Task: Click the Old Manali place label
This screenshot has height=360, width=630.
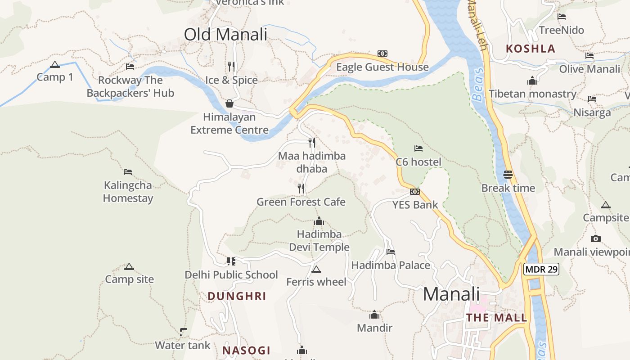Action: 225,35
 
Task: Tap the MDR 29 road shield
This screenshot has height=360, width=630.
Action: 541,270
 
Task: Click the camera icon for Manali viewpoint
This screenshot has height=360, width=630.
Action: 596,238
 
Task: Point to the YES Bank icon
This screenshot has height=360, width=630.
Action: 415,192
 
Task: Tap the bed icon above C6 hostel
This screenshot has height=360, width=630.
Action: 418,148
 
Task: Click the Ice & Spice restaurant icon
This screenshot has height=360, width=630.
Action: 231,67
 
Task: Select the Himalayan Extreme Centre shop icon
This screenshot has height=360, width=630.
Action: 229,103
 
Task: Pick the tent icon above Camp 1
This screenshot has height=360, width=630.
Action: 55,64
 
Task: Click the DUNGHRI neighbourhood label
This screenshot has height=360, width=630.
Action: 237,296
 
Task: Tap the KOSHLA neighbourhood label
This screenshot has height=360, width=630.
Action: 531,49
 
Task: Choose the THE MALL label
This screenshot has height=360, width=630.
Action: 497,318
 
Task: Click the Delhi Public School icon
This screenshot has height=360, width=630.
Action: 231,261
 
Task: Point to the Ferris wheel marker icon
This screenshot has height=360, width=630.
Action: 316,269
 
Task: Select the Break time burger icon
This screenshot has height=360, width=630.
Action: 508,174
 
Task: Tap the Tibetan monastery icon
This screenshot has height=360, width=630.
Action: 532,81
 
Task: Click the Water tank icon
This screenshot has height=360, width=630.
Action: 183,332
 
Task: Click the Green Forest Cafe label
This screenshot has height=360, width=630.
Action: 301,202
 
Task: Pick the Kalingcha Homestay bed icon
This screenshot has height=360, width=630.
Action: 128,171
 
